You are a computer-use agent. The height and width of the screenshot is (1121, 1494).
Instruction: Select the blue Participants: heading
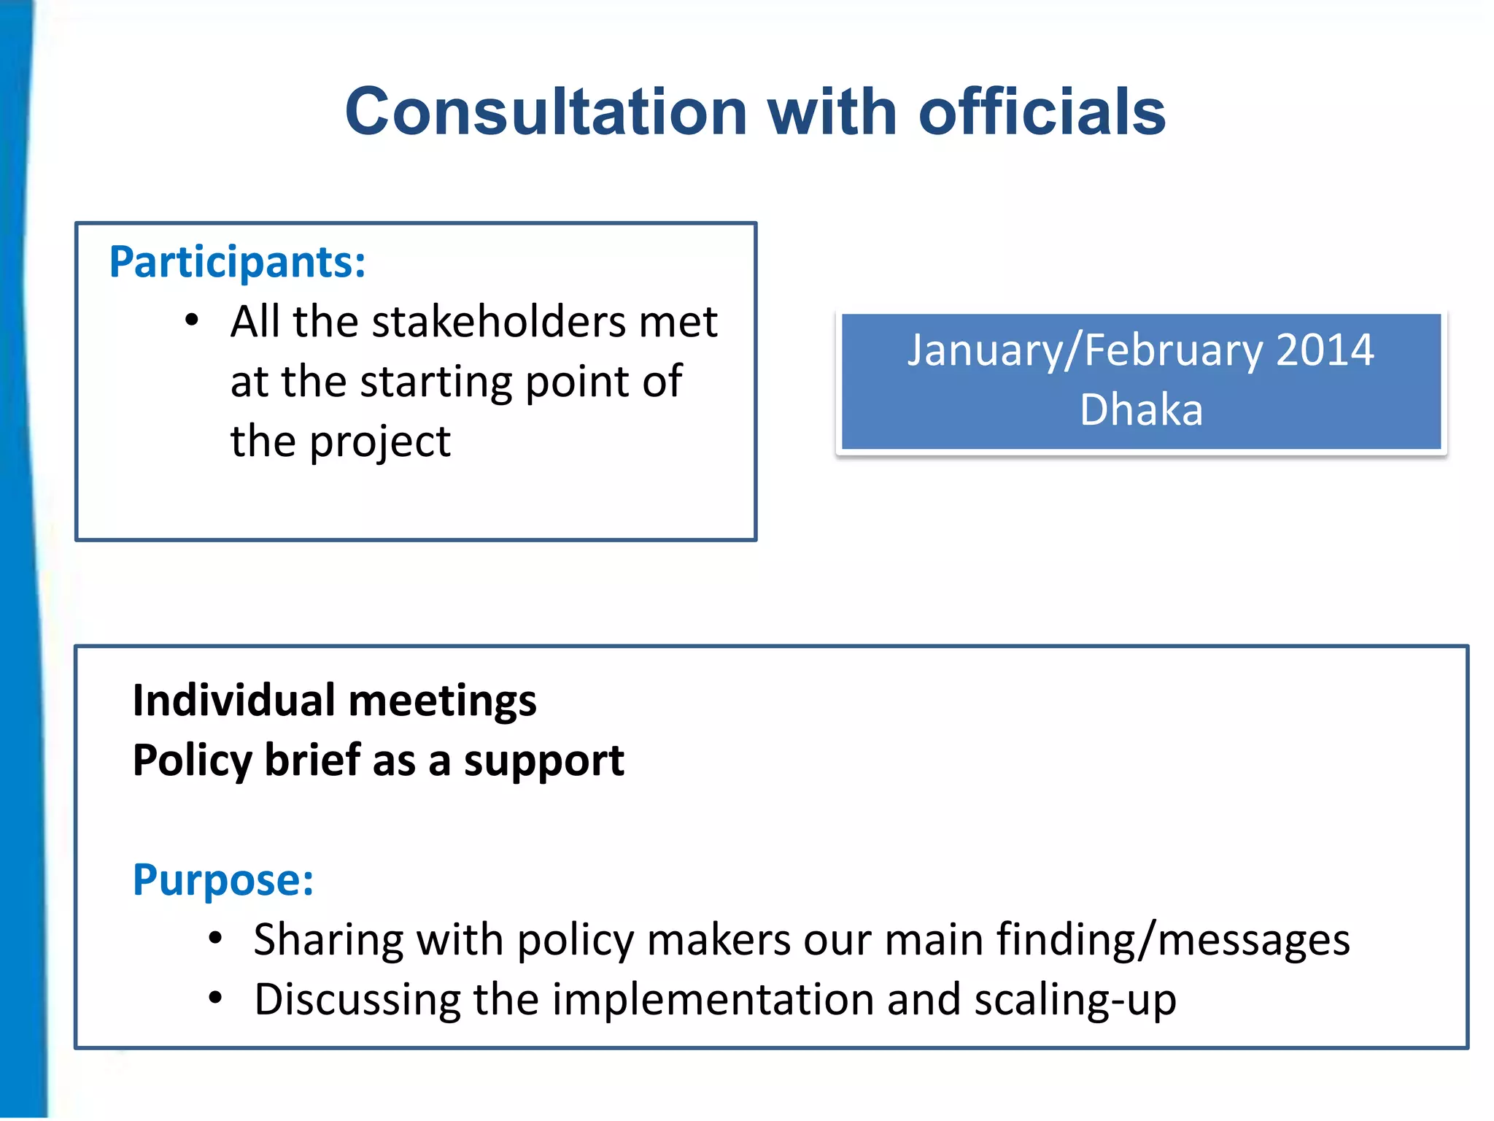tap(237, 262)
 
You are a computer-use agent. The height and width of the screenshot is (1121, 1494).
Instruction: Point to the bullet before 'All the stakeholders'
tap(191, 321)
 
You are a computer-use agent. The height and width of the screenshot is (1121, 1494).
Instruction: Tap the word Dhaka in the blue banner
tap(1141, 409)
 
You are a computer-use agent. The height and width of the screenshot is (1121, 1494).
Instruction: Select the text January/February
tap(1084, 351)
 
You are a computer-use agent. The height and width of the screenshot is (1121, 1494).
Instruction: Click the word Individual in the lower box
tap(234, 701)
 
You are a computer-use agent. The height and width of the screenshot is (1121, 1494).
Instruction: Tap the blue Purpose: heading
tap(223, 880)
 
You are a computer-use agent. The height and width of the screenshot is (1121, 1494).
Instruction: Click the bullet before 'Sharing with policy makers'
tap(214, 939)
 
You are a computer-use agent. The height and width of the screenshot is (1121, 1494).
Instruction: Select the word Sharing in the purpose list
tap(328, 941)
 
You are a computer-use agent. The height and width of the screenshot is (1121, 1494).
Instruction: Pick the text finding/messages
tap(1173, 940)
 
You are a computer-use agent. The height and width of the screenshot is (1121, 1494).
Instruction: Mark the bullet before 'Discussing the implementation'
tap(214, 998)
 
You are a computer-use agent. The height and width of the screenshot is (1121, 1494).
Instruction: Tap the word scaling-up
tap(1075, 1001)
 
